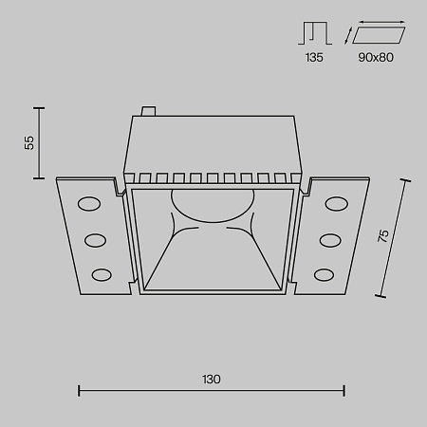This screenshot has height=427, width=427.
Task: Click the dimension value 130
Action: [211, 379]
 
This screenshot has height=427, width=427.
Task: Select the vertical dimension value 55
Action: [30, 142]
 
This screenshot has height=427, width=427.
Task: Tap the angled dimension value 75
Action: [383, 237]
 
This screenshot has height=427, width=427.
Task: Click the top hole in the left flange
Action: [88, 203]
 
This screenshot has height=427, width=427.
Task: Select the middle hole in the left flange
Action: [95, 238]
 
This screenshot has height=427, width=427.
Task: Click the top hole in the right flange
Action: [335, 203]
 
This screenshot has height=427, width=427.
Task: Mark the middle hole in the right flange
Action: [329, 238]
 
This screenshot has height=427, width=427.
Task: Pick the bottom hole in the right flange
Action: [324, 274]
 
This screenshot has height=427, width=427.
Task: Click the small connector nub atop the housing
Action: [147, 111]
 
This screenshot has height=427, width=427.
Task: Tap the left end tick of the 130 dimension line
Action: [78, 389]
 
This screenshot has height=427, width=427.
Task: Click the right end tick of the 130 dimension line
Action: [343, 389]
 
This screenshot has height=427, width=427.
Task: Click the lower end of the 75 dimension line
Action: [381, 295]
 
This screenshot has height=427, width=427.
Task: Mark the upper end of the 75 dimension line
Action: [411, 177]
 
